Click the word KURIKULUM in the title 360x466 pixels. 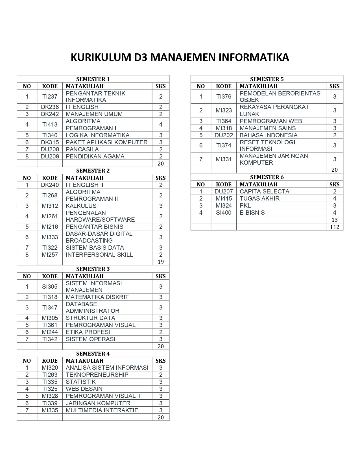click(x=101, y=57)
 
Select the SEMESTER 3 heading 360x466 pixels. click(x=93, y=269)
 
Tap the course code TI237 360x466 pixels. click(x=50, y=97)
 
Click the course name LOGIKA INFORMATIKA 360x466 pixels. click(x=97, y=135)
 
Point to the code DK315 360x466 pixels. click(x=50, y=142)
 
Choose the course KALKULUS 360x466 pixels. click(x=81, y=206)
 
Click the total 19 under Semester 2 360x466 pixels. click(x=161, y=262)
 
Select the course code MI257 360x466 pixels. click(x=50, y=255)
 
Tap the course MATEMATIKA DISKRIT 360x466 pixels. click(x=97, y=297)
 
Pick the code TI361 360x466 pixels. click(x=50, y=325)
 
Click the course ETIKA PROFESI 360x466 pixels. click(x=88, y=332)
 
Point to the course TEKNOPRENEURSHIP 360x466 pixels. click(x=97, y=375)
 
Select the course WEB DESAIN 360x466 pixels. click(x=84, y=389)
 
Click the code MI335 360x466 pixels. click(x=50, y=410)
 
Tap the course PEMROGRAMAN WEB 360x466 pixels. click(x=270, y=121)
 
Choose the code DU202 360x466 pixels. click(x=224, y=135)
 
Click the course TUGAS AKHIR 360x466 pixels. click(x=259, y=199)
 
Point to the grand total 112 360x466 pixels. click(x=335, y=227)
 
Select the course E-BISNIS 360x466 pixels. click(x=252, y=213)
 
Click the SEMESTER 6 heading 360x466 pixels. click(x=267, y=177)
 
